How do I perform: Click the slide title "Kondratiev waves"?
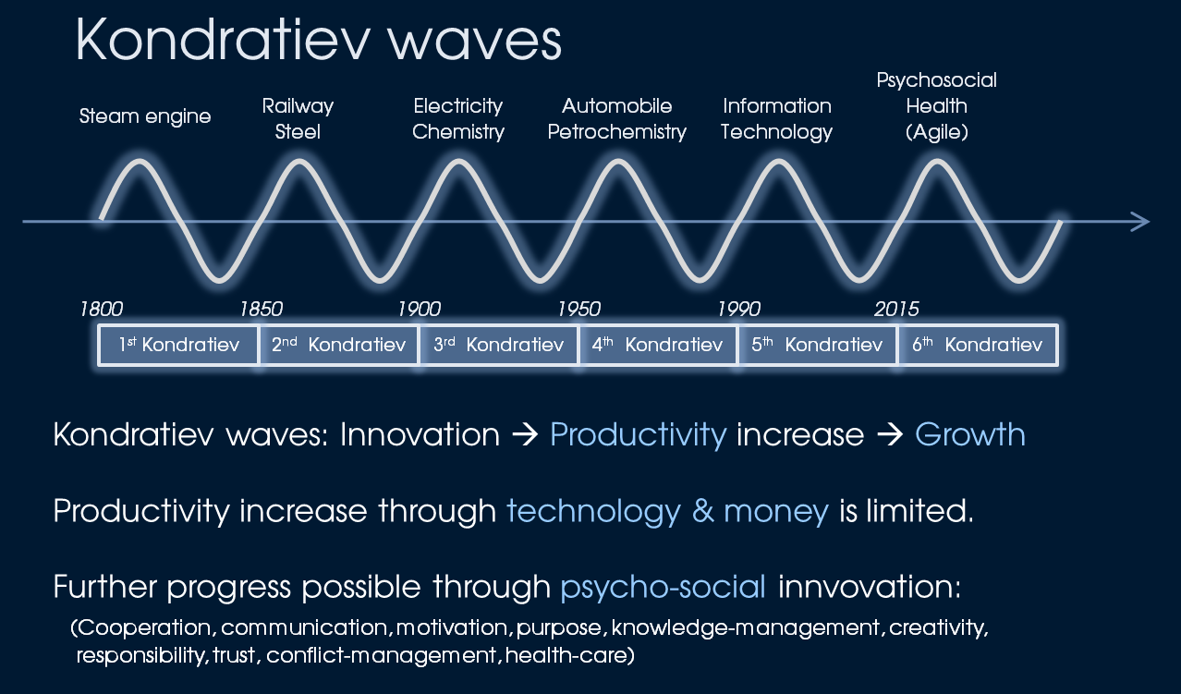(319, 40)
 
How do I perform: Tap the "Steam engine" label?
(145, 116)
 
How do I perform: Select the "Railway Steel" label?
(298, 118)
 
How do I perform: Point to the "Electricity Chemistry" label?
(458, 118)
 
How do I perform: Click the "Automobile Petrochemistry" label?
(617, 118)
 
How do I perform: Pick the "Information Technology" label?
(776, 118)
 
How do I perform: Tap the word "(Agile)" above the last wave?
(937, 132)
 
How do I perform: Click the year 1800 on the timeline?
(102, 309)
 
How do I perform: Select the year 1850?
(262, 309)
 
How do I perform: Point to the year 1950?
(579, 309)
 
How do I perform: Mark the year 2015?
(896, 309)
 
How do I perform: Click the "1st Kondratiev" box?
(178, 345)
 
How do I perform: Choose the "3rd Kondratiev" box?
(498, 345)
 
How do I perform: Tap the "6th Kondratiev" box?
(978, 345)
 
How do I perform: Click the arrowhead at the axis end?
(1140, 222)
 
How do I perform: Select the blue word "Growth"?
(970, 435)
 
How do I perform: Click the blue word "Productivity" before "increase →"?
(639, 436)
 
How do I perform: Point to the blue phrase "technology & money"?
(668, 512)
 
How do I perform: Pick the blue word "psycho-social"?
(663, 588)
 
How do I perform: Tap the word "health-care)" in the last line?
(570, 655)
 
